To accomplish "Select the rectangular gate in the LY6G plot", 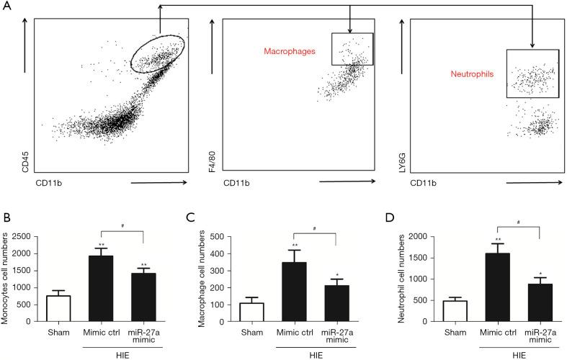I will (x=532, y=73).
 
